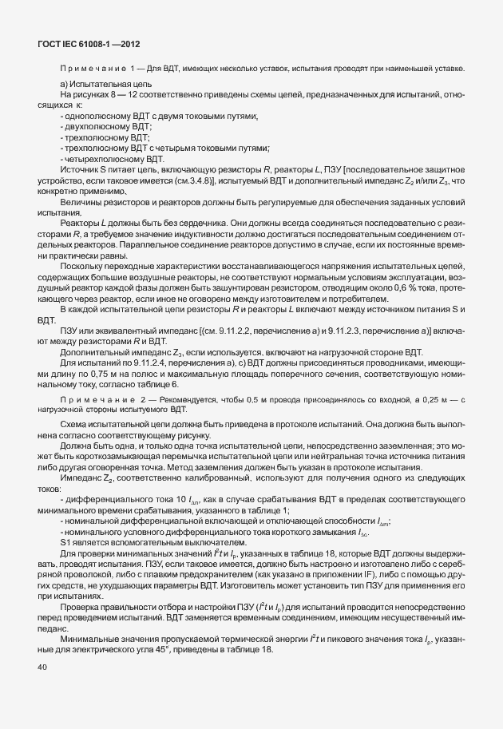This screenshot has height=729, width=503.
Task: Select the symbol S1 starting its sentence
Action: (x=66, y=541)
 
